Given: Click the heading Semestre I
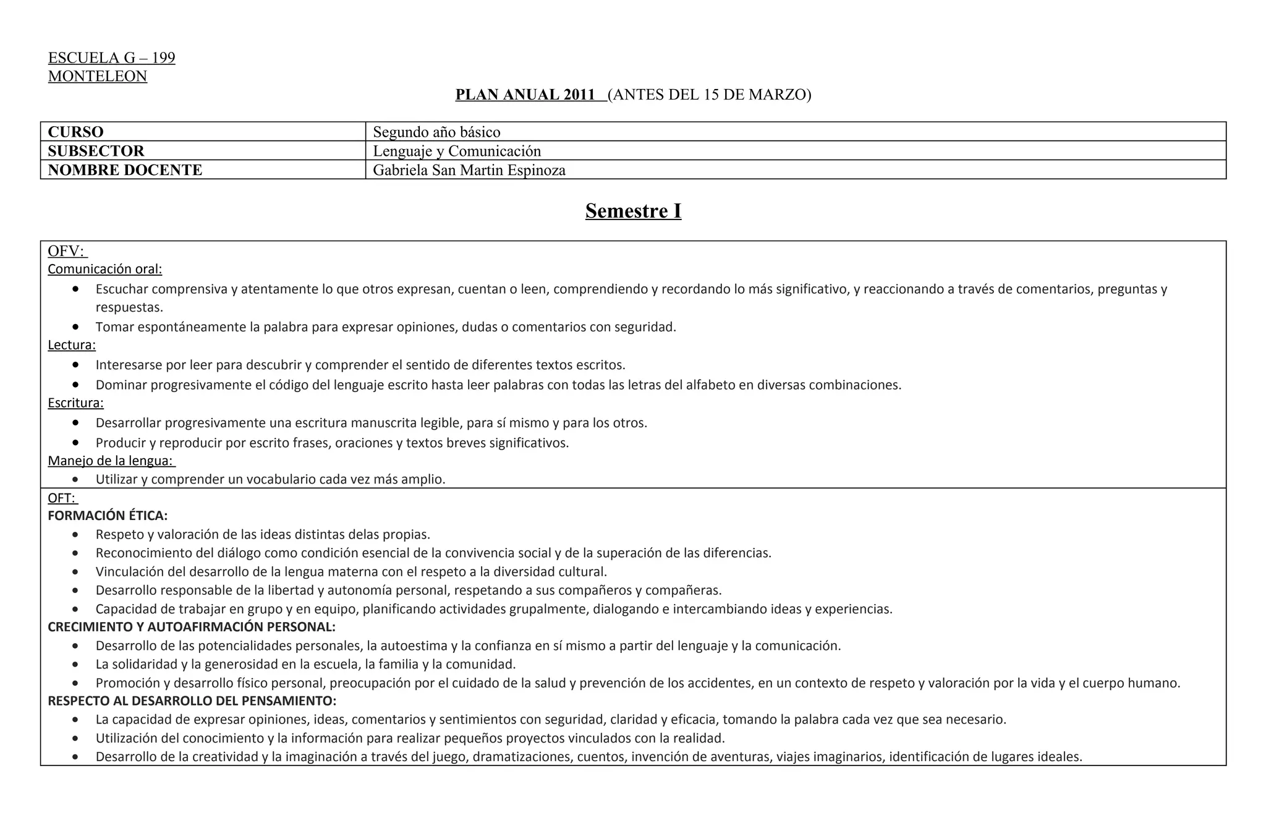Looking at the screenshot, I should click(x=633, y=211).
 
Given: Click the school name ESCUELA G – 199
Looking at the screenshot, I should click(x=111, y=58).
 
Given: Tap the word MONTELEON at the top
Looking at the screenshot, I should click(x=98, y=77).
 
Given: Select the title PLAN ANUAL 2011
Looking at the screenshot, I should click(x=525, y=95).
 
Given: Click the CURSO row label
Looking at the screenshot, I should click(x=75, y=132).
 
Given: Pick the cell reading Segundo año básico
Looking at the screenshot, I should click(x=436, y=132).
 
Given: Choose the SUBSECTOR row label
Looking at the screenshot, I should click(x=96, y=151).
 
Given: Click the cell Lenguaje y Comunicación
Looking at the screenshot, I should click(x=457, y=151).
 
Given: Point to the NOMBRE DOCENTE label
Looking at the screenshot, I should click(x=125, y=170).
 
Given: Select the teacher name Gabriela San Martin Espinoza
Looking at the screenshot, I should click(x=469, y=170).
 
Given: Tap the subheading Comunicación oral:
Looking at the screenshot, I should click(x=105, y=269).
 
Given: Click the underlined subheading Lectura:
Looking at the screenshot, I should click(x=72, y=345).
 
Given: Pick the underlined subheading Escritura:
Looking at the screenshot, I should click(x=75, y=403).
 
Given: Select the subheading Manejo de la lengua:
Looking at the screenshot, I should click(x=111, y=461).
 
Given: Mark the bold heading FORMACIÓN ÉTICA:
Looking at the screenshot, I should click(x=108, y=516).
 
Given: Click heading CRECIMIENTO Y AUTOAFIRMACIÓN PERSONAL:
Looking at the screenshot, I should click(x=192, y=627).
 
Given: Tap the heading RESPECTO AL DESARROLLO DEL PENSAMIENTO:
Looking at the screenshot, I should click(x=192, y=701).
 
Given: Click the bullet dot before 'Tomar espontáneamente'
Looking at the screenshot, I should click(x=75, y=326).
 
